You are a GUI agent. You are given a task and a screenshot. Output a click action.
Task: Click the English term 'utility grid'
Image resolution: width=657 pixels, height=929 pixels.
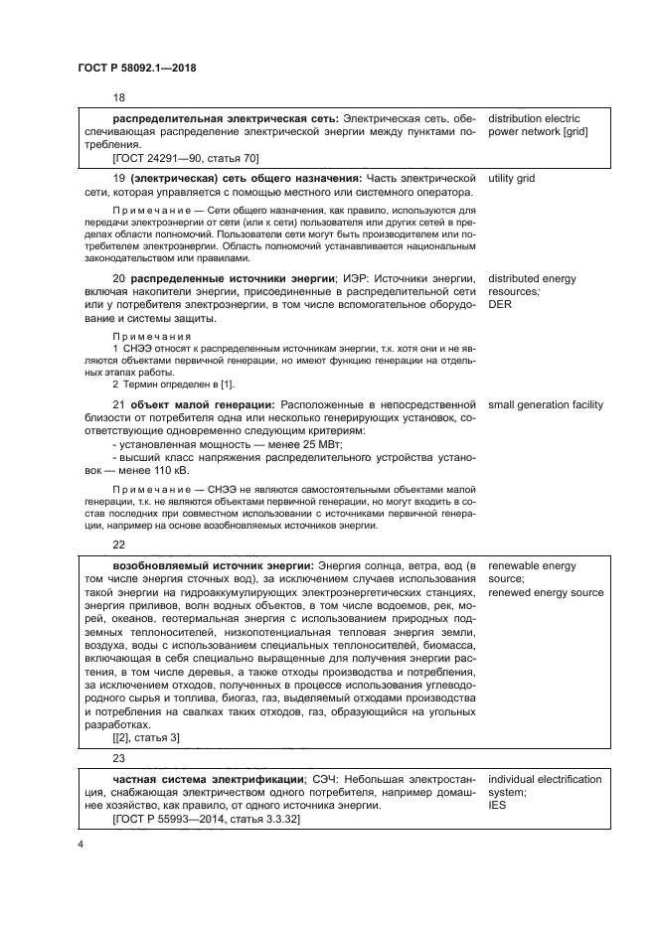pyautogui.click(x=512, y=178)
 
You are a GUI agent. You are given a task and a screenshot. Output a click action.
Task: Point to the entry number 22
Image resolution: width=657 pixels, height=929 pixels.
pyautogui.click(x=119, y=545)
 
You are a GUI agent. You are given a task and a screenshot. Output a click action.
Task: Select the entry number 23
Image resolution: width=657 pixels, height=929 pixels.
pyautogui.click(x=119, y=758)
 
